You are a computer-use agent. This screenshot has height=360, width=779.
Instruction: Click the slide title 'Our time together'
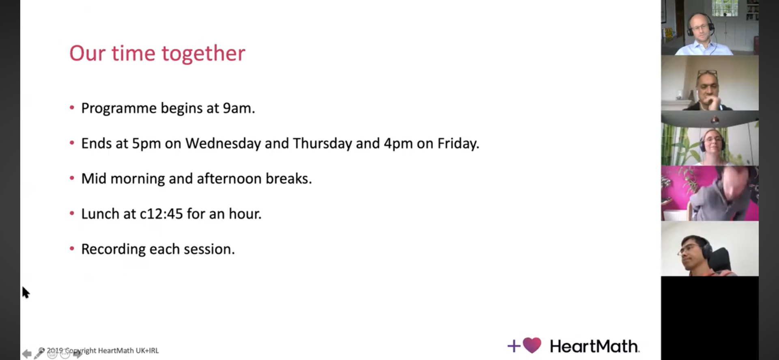(157, 54)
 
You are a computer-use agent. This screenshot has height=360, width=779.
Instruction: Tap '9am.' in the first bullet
(239, 108)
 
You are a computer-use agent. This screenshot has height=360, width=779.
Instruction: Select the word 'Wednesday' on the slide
(224, 144)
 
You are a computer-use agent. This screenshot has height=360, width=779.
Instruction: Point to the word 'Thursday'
(323, 144)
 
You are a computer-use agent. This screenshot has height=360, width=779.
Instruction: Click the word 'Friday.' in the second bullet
(458, 144)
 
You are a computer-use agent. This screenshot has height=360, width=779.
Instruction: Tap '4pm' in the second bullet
(398, 144)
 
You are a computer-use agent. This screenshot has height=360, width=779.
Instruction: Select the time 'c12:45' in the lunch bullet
(161, 214)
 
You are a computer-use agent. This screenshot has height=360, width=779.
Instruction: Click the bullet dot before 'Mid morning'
(72, 178)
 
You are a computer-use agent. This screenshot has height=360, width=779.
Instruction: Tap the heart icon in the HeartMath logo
(532, 345)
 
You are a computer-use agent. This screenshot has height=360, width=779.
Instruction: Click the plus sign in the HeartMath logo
(514, 346)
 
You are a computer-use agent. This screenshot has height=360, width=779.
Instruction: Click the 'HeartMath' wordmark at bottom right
(594, 346)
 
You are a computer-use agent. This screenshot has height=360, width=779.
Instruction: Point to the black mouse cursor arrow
(26, 292)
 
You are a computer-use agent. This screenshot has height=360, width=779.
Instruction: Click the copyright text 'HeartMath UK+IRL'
(128, 351)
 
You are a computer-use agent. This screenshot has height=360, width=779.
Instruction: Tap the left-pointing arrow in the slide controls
(26, 354)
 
